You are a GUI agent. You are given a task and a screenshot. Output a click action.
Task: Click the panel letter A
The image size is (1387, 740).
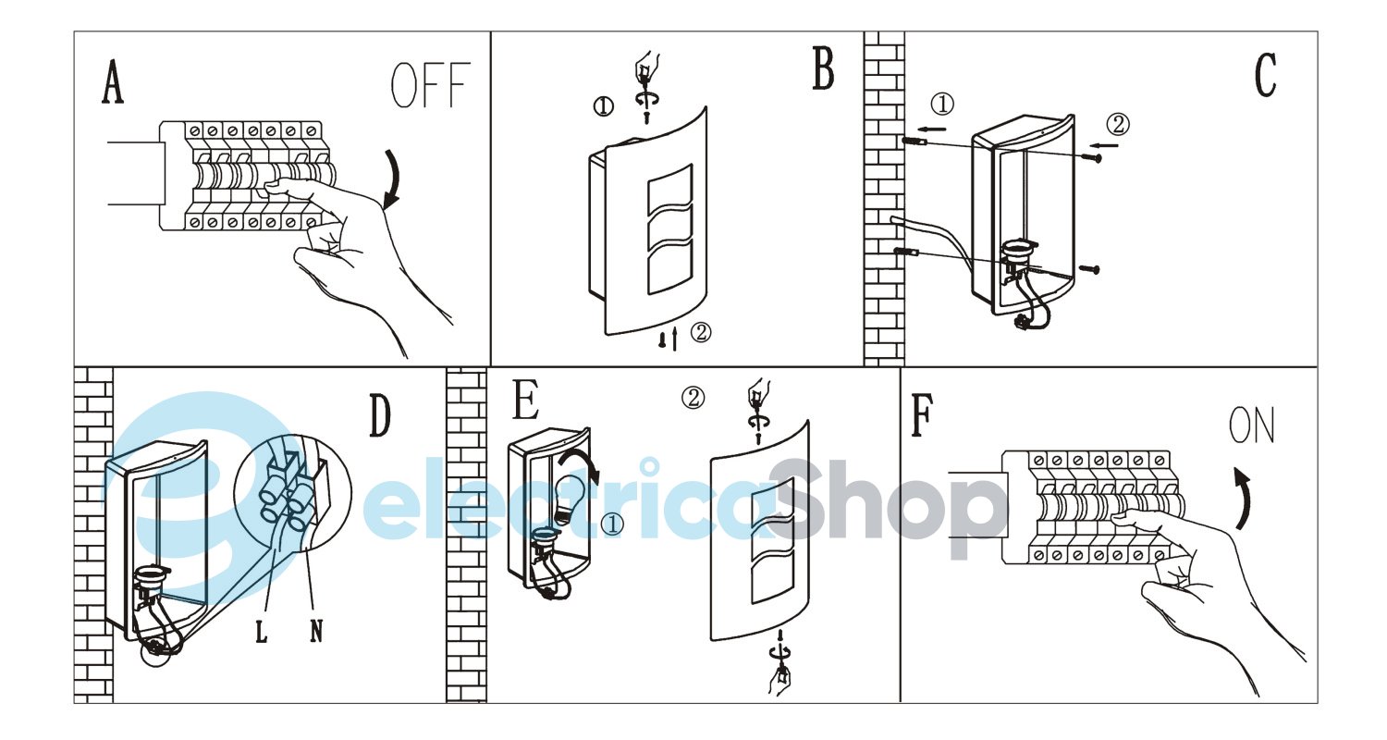[113, 81]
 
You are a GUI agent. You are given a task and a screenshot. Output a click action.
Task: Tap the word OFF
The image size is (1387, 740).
[431, 85]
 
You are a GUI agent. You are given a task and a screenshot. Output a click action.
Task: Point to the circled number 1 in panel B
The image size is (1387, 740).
[603, 106]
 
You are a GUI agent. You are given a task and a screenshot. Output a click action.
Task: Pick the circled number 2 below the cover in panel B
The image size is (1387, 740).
[700, 332]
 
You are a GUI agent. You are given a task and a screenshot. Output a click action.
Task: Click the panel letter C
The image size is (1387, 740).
[1266, 75]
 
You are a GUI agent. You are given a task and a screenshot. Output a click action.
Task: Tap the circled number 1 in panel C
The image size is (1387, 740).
[942, 104]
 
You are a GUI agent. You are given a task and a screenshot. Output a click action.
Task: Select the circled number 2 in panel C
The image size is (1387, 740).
[1118, 125]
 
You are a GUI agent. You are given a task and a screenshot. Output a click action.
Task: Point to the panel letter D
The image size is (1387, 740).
[379, 415]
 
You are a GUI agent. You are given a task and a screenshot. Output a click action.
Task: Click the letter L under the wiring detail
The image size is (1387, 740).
[262, 632]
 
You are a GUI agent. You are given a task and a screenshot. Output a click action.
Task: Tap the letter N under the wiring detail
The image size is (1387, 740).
[316, 632]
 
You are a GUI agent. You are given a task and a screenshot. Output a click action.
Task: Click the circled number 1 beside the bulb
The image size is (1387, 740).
[612, 524]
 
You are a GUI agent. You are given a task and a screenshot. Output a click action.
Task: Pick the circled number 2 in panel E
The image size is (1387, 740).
[693, 397]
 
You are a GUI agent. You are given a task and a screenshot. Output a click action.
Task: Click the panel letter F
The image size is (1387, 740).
[922, 415]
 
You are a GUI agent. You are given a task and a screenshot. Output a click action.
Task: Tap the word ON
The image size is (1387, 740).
[1251, 425]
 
